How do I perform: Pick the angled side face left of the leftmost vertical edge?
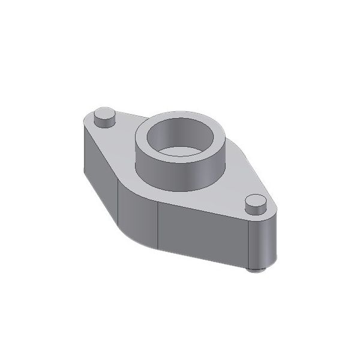pyautogui.click(x=102, y=180)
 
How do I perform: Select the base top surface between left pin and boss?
pyautogui.click(x=120, y=141)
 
